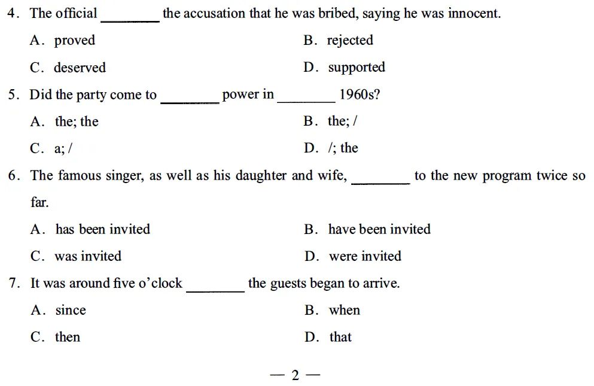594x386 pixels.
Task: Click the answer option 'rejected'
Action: [x=350, y=41]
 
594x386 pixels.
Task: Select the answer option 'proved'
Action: [x=75, y=41]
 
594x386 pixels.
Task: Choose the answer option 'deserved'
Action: [x=80, y=68]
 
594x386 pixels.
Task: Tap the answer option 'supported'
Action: [x=357, y=68]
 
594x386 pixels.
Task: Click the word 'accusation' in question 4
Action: [x=215, y=13]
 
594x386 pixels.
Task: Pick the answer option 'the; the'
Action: [x=77, y=121]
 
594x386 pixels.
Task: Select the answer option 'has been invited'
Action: [x=102, y=229]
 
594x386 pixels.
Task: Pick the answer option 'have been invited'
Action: [x=379, y=229]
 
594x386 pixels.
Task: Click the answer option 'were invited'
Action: [x=365, y=256]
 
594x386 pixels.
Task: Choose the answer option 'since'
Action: [x=71, y=310]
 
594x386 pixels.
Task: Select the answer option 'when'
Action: [x=345, y=310]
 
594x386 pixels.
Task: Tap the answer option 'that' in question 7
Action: [x=340, y=337]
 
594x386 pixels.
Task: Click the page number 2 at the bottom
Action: [x=295, y=375]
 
